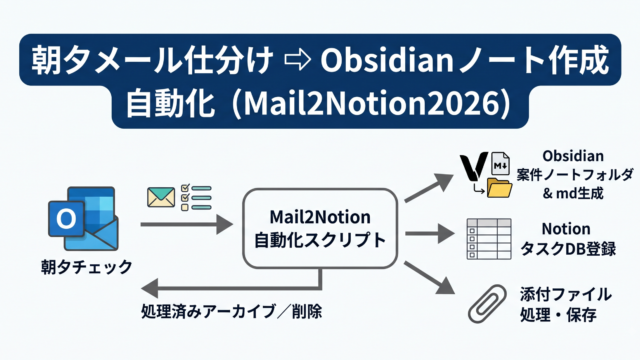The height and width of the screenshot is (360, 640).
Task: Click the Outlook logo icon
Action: [x=83, y=218]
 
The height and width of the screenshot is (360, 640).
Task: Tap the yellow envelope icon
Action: [x=161, y=197]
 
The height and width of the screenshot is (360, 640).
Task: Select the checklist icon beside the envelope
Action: [x=196, y=198]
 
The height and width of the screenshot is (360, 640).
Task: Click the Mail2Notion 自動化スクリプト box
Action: [x=320, y=229]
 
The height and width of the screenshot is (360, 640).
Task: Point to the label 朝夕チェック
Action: [x=87, y=267]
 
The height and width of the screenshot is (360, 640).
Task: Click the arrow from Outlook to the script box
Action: [x=187, y=224]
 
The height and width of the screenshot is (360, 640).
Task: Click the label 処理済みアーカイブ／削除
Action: [x=231, y=311]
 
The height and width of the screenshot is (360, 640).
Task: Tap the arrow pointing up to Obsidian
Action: [x=429, y=187]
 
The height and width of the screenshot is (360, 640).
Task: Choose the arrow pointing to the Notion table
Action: [x=429, y=234]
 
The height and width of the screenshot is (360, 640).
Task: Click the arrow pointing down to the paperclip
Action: [x=429, y=278]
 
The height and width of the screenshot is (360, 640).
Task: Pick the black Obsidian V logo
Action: [x=474, y=166]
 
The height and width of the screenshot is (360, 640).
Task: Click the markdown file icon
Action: [x=500, y=164]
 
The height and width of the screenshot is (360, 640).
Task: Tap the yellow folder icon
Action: [x=500, y=188]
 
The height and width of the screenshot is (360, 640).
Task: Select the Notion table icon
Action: [x=489, y=239]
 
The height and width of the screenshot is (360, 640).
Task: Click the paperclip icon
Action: [x=487, y=304]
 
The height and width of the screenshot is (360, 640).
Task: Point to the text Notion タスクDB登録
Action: [x=567, y=239]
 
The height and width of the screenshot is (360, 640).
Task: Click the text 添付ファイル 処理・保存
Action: [x=566, y=304]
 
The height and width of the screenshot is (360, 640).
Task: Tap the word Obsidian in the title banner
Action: [x=387, y=60]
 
